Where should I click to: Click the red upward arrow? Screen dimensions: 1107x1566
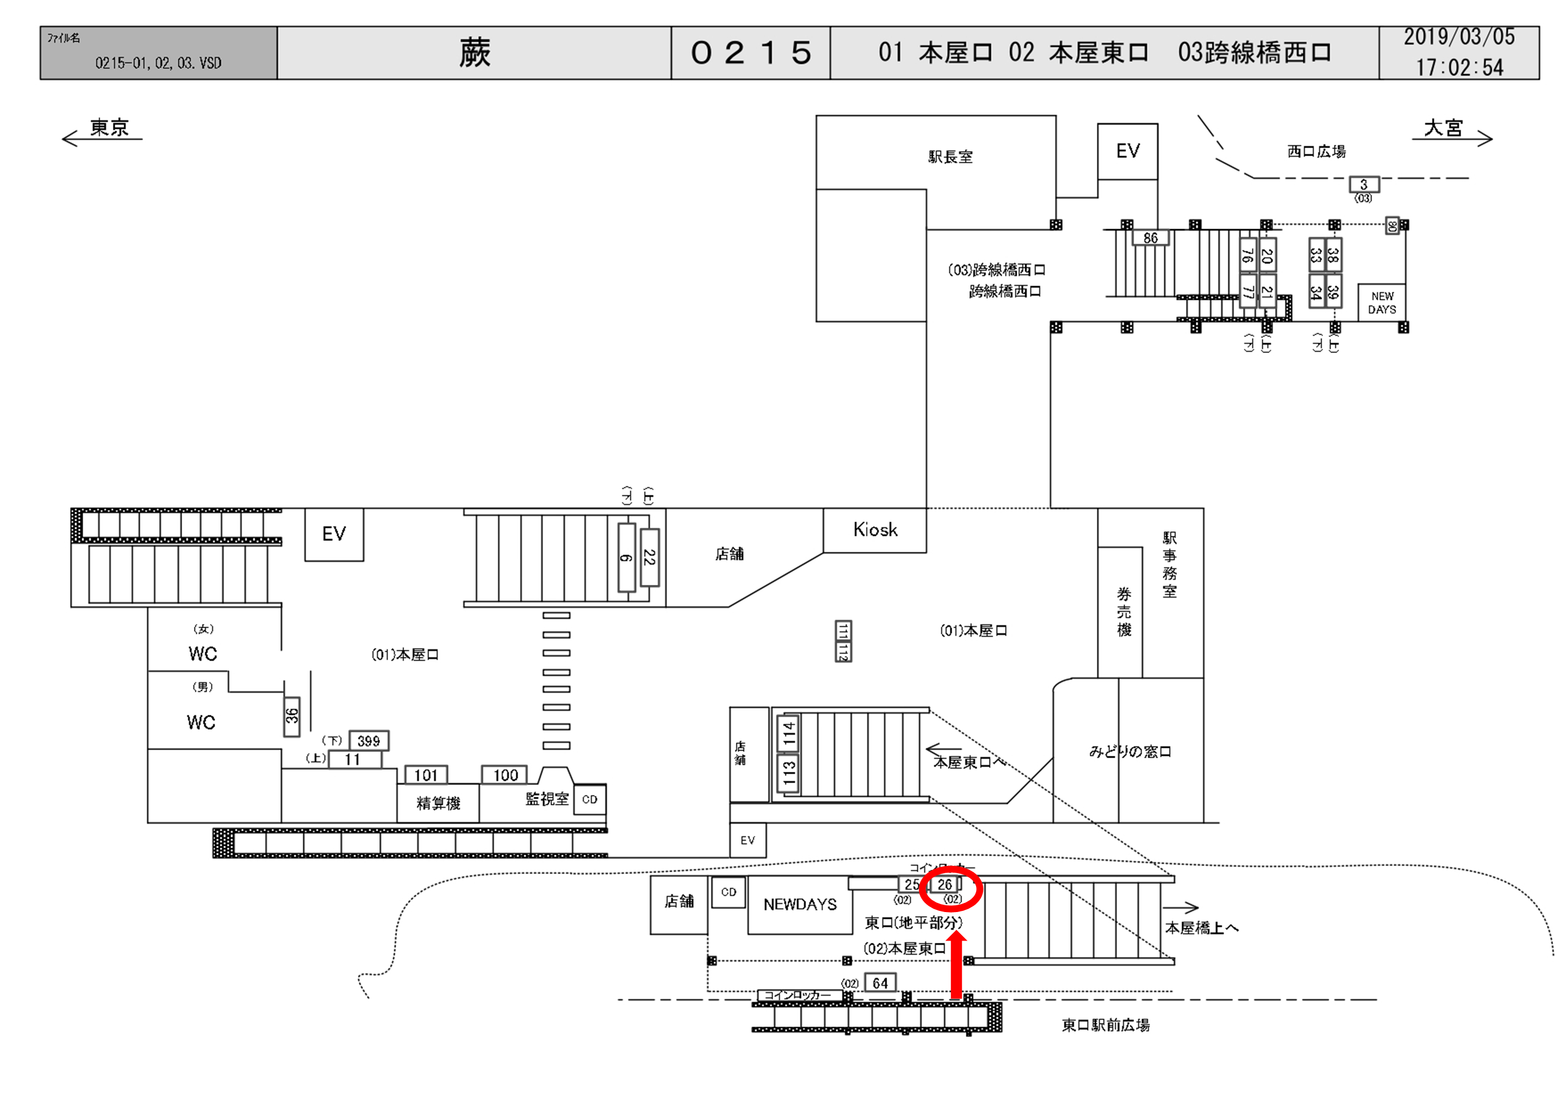pos(957,964)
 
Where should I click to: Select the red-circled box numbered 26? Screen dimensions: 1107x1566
pos(945,885)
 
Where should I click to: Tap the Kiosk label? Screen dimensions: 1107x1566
pos(875,530)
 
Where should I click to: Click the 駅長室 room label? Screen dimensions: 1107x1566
pos(950,157)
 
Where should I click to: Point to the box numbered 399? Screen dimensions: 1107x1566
pos(369,741)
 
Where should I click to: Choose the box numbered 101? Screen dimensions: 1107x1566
pos(426,775)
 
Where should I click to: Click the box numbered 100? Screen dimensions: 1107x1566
pos(505,775)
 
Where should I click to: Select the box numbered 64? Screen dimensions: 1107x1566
pos(880,983)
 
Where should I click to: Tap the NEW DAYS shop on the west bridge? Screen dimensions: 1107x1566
pos(1382,303)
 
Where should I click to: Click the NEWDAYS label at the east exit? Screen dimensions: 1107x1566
pos(799,905)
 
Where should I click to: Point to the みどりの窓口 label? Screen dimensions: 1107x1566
pos(1130,752)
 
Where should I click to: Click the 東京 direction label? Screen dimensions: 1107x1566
pos(109,128)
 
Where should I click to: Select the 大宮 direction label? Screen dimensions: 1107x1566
pos(1443,128)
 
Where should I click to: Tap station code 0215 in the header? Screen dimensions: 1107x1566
pos(751,53)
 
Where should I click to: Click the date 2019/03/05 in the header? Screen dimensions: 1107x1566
pos(1459,37)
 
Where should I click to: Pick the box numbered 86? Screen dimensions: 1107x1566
pos(1151,238)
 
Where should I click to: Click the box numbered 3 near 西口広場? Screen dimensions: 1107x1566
pos(1363,184)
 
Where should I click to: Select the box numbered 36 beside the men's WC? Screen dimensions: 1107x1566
pos(292,716)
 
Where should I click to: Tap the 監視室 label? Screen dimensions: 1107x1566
pos(547,799)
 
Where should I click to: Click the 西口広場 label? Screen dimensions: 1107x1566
pos(1316,151)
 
